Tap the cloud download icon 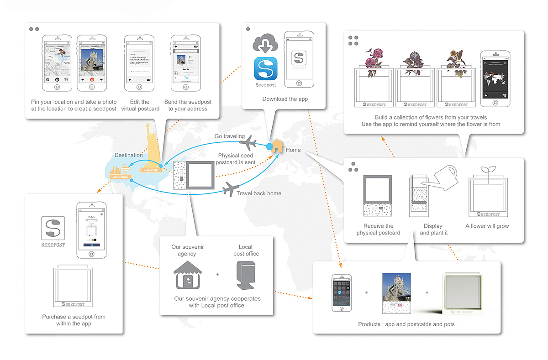265,43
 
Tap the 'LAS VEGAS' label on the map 120,176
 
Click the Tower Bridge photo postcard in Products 396,292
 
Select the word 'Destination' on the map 128,155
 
